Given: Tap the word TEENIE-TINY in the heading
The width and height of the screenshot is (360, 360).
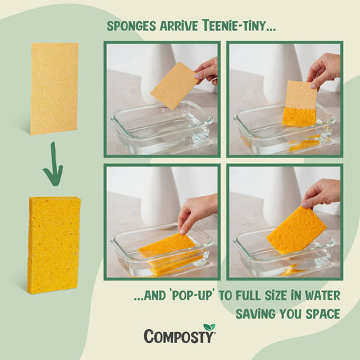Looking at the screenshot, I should click(x=238, y=27).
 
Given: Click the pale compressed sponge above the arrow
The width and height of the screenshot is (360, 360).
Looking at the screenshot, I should click(x=54, y=88).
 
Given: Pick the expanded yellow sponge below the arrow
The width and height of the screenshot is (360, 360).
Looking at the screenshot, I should click(x=54, y=244).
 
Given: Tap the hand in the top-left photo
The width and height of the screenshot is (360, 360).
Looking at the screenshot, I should click(x=207, y=70).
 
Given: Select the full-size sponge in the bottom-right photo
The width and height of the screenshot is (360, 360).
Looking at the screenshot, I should click(x=297, y=229).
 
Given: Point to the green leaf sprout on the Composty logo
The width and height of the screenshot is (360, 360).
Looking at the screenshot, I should click(x=209, y=328).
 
